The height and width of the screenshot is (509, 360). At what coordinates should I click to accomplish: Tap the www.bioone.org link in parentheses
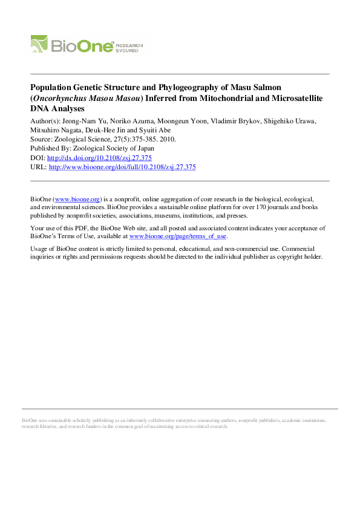pos(77,198)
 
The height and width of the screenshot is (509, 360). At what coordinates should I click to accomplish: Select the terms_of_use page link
pos(178,236)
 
